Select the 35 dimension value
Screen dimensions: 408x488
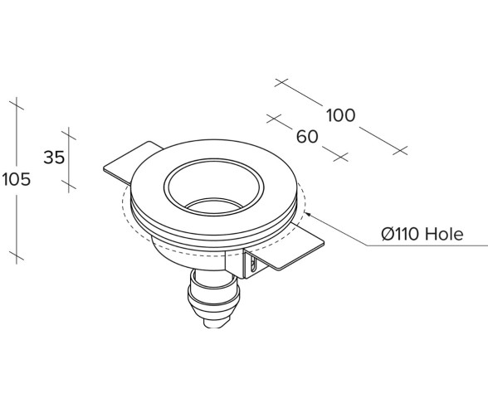tap(54, 158)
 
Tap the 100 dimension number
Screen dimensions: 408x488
tap(339, 115)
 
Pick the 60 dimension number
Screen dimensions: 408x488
tap(307, 137)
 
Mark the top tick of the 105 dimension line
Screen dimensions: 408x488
tap(16, 104)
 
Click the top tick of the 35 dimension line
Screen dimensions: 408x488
tap(68, 133)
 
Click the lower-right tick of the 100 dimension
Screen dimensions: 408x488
tap(402, 150)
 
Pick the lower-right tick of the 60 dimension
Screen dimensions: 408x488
tap(339, 155)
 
